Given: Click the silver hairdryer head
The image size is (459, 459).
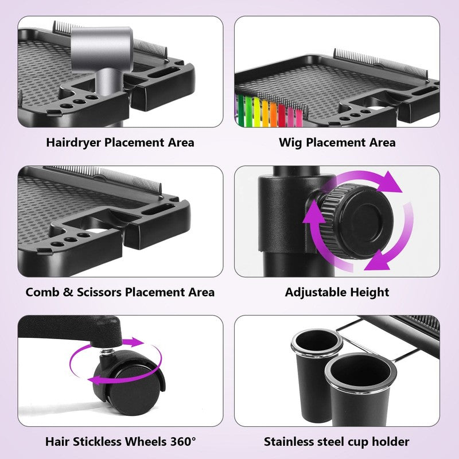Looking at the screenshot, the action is (x=102, y=48).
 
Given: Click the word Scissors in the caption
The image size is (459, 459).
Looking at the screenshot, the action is (x=99, y=292).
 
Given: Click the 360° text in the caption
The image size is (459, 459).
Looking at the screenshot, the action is (x=183, y=441).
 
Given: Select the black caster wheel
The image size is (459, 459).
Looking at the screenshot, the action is (x=129, y=383).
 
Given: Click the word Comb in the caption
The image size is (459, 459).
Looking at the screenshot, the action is (x=42, y=292).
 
